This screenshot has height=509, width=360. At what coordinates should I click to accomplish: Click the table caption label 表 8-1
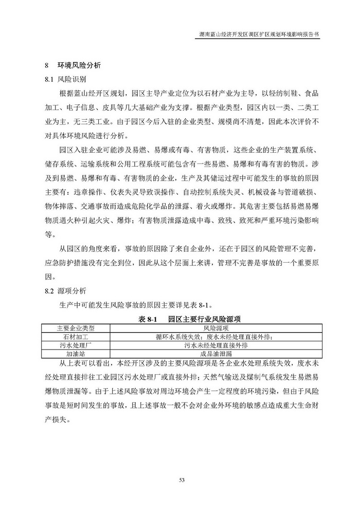click(149, 319)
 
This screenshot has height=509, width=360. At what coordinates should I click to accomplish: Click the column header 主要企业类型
click(76, 328)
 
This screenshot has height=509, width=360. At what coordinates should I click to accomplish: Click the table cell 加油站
click(76, 354)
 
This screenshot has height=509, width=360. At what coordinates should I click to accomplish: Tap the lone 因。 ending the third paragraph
click(49, 277)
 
